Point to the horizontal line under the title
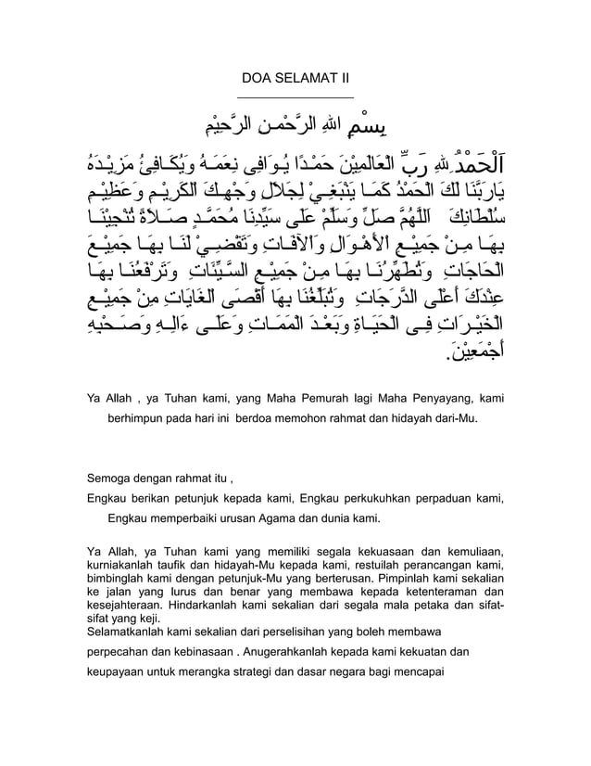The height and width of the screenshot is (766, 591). tap(295, 96)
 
